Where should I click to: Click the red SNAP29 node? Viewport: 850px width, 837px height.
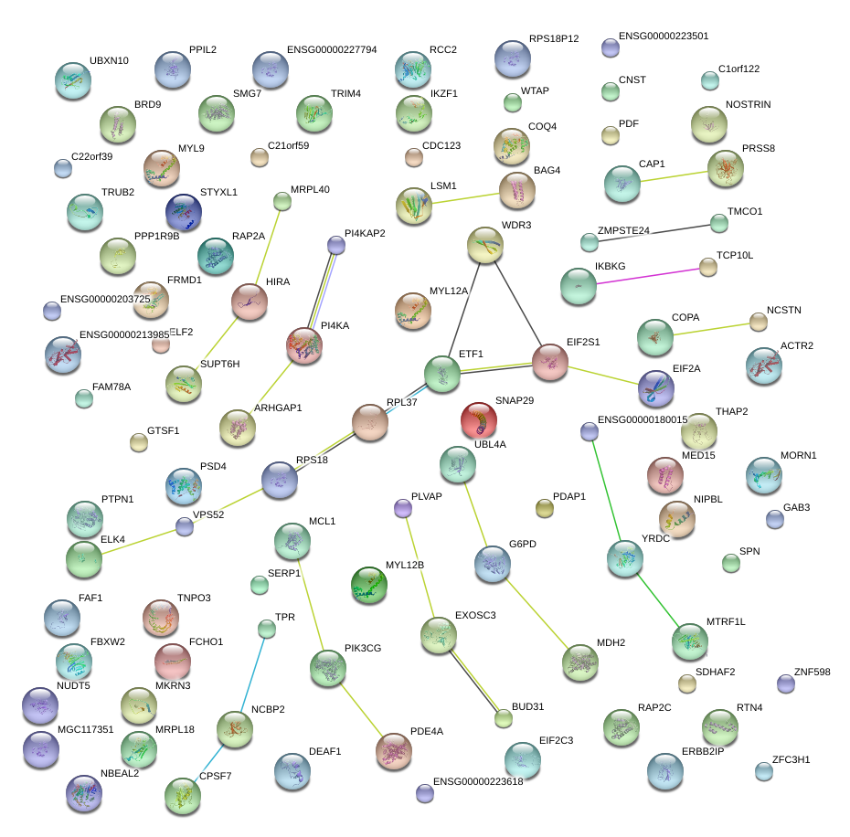coord(478,420)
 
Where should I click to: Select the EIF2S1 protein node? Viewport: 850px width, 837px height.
coord(550,362)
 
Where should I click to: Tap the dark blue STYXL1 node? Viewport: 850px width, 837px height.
coord(184,213)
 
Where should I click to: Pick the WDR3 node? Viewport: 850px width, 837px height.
coord(484,245)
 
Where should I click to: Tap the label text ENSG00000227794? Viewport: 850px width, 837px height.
coord(332,50)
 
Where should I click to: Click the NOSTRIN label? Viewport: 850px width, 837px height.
coord(748,105)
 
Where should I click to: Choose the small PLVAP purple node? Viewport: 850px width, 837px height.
coord(402,508)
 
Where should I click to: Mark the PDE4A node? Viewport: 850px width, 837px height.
coord(394,750)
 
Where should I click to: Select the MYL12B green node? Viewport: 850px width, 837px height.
coord(369,586)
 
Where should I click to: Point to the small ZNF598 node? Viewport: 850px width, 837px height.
coord(785,683)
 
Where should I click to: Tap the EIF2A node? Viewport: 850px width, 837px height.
coord(656,388)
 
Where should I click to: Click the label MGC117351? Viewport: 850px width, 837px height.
coord(85,730)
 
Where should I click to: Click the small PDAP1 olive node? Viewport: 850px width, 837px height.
coord(544,509)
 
